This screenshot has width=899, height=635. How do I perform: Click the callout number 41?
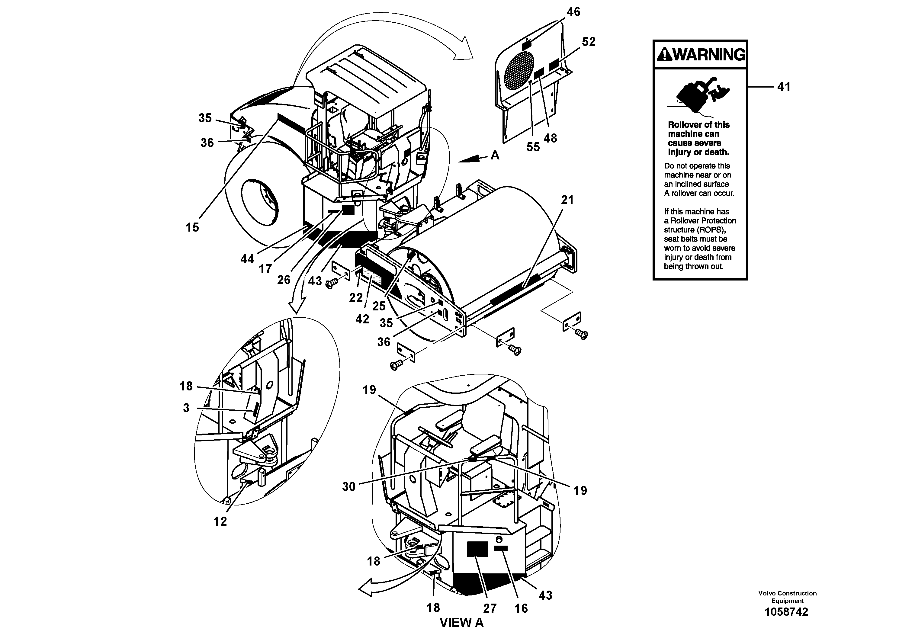tap(784, 87)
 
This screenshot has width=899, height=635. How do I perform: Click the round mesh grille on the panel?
tap(519, 70)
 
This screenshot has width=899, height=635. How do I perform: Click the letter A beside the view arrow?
tap(495, 156)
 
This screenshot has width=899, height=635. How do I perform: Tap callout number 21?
tap(567, 200)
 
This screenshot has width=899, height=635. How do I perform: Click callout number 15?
tap(192, 227)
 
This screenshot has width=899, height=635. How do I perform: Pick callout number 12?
tap(220, 521)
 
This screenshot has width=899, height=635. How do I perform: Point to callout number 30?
tap(348, 487)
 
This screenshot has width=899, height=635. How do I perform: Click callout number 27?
tap(490, 608)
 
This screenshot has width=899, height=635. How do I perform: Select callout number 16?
tap(521, 608)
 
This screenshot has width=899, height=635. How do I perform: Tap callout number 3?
tap(186, 408)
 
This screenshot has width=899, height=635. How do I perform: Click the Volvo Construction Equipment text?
tap(787, 597)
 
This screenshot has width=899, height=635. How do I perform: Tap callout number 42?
tap(362, 319)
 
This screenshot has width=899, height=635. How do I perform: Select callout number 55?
tap(533, 147)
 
